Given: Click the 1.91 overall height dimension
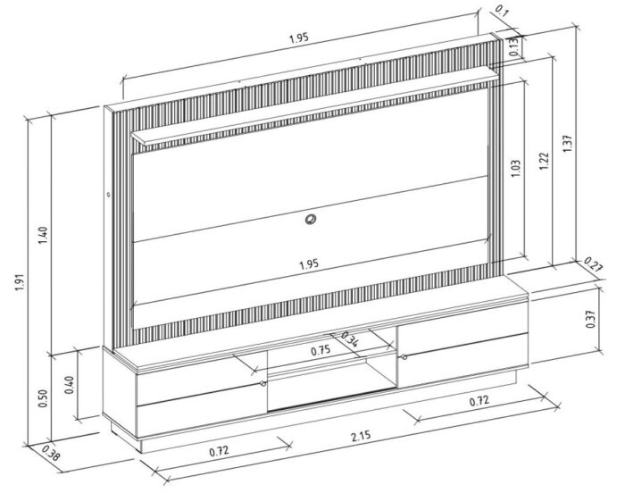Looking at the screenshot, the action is pos(21,282).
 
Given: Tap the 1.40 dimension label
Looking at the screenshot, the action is pos(44,236).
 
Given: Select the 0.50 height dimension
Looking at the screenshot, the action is pos(44,398).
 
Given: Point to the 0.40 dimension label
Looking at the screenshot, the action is pos(70,385).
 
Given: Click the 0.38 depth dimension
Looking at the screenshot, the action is pos(51,453).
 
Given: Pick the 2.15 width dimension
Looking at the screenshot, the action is pos(361,436).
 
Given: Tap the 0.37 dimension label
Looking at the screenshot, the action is pos(591,318).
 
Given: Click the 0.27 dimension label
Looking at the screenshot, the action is pos(594,264).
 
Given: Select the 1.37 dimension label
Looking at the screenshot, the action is pos(567,143).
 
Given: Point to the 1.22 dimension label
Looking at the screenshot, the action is pos(545,161).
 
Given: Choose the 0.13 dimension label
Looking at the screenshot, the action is pos(514,46).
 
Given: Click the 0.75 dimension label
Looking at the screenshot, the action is pos(321,351).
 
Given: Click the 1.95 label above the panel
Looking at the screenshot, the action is pos(299,38).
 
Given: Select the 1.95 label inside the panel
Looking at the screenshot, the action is pos(309,263).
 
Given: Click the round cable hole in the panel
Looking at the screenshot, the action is pos(311,219).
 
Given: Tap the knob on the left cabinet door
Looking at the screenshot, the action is pos(262,383).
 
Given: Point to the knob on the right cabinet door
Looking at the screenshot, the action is pos(404,356).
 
